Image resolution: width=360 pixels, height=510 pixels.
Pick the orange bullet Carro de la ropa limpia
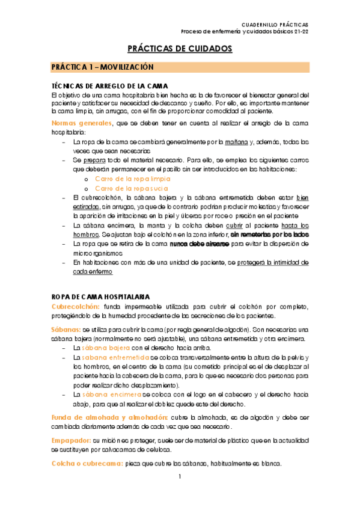tap(132, 179)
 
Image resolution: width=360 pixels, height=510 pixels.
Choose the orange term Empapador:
tap(71, 440)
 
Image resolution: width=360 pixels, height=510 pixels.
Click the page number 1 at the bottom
tap(180, 494)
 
